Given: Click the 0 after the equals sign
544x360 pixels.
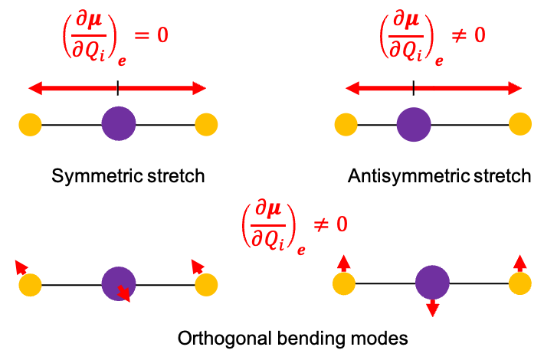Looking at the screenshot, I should (162, 36).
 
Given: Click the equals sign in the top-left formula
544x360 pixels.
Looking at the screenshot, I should (142, 36).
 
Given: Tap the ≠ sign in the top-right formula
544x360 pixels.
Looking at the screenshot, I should (458, 36).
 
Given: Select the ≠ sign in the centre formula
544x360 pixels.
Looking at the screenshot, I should (320, 224).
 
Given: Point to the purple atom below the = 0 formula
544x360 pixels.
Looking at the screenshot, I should (119, 123).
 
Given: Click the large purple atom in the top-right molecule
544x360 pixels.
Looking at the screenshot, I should (414, 124).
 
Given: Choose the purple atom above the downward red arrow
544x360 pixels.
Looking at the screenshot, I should (432, 282).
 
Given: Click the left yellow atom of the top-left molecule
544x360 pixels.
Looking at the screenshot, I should (30, 124).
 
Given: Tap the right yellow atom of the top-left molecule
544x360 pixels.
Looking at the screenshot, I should (206, 124).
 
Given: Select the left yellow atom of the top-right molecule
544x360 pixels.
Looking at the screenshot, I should (346, 124).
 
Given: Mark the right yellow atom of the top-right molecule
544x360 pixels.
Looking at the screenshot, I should (520, 124).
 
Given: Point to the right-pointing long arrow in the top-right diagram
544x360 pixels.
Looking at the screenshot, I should (467, 89).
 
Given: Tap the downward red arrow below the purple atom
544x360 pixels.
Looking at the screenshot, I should (432, 308).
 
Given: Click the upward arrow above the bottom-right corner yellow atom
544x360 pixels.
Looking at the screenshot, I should (520, 263).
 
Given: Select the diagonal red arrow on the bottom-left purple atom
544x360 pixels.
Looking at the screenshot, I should (123, 293).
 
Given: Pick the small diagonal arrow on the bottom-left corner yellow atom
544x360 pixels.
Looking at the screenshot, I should (21, 267).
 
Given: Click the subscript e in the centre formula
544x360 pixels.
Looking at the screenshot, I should (301, 250).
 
